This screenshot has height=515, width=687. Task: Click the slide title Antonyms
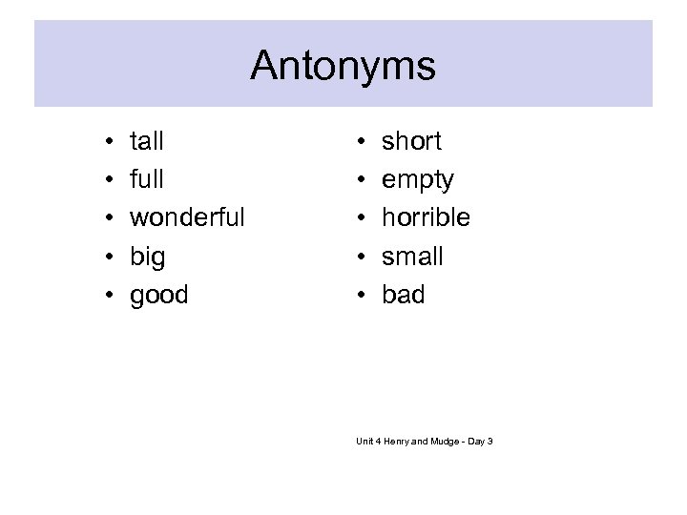343,67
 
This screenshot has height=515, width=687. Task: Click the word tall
147,141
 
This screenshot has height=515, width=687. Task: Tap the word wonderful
187,217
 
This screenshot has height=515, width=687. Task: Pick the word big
147,257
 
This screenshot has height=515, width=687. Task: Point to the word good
159,296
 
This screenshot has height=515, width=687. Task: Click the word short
411,141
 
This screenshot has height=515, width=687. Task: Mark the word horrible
426,217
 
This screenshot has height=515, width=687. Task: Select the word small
413,257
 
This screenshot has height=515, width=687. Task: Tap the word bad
403,295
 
